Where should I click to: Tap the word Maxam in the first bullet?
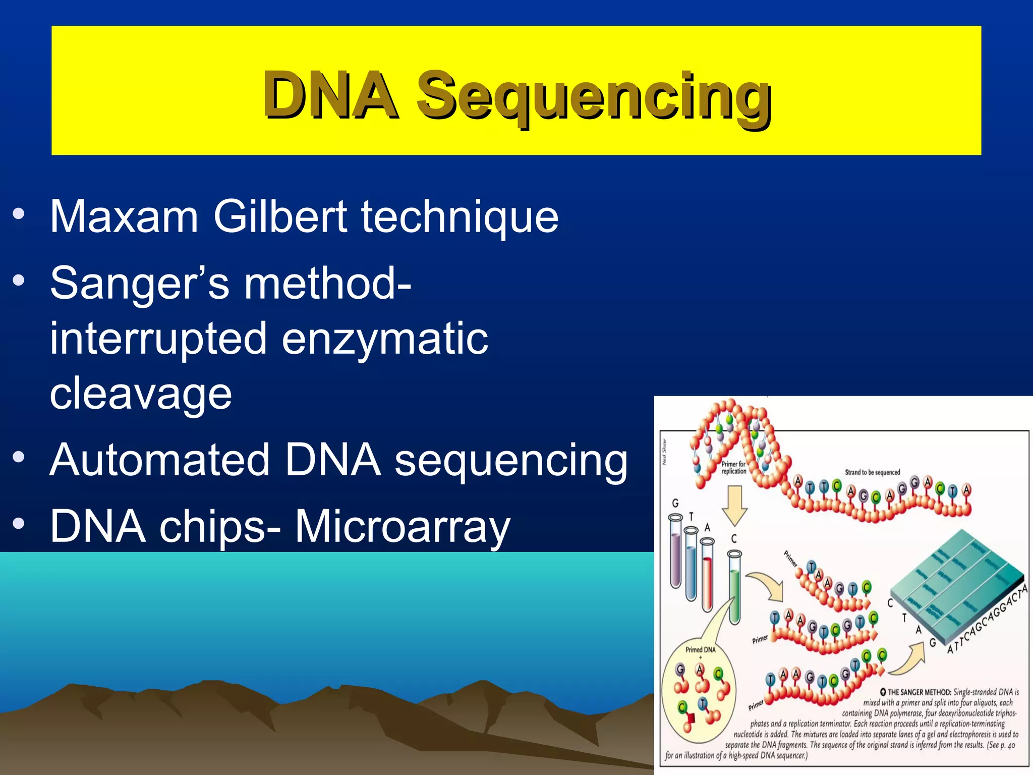(124, 216)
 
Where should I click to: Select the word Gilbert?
(280, 216)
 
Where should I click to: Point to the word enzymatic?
(384, 339)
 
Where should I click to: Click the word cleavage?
(141, 394)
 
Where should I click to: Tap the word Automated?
(159, 460)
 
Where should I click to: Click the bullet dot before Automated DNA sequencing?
(19, 457)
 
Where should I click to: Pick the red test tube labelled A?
(707, 575)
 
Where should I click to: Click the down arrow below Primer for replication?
(734, 505)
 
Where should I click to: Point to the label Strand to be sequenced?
(872, 472)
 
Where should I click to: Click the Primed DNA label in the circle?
(700, 649)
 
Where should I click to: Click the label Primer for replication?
(733, 467)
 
